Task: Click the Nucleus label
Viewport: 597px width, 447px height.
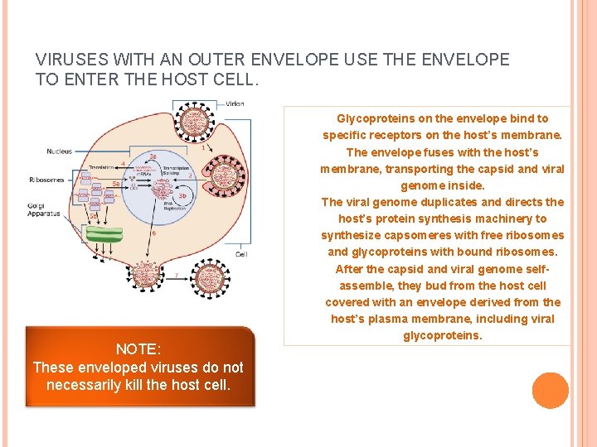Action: [x=59, y=151]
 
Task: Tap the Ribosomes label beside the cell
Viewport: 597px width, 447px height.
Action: [x=64, y=179]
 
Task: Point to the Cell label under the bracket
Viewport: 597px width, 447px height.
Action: [x=241, y=254]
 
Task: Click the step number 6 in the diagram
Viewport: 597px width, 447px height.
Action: [x=154, y=233]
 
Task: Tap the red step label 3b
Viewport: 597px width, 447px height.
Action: [x=182, y=195]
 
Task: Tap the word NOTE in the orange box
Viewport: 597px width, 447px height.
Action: [x=138, y=349]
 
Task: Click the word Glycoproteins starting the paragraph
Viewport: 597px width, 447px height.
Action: [x=371, y=118]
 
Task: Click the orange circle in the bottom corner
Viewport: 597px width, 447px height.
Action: [x=551, y=391]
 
